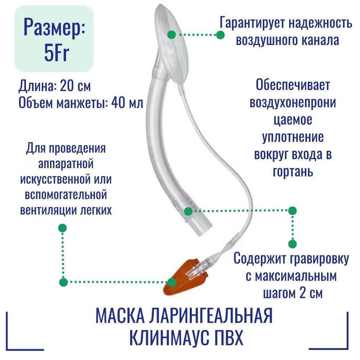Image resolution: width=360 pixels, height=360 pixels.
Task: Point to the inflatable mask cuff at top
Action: point(172,40)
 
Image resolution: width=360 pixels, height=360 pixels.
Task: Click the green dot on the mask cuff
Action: point(172,35)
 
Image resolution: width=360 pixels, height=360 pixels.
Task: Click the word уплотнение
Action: point(293,137)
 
